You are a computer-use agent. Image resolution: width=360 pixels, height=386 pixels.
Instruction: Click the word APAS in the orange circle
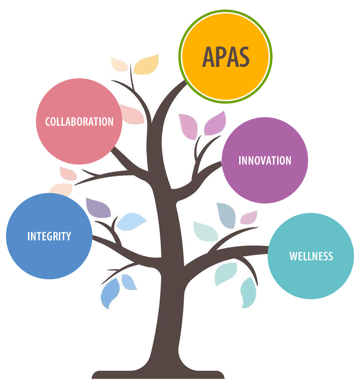click(226, 57)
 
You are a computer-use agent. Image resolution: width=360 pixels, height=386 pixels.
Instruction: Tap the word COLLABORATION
click(79, 121)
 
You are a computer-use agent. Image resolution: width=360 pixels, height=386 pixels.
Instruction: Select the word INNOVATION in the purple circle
click(265, 161)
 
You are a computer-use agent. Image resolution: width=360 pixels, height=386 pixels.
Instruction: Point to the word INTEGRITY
click(49, 236)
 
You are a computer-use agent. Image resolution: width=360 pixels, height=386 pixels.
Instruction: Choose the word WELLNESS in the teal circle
click(311, 256)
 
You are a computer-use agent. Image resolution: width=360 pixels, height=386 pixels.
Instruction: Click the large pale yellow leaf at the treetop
click(147, 64)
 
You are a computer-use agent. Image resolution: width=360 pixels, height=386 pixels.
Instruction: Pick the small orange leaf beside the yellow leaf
click(119, 64)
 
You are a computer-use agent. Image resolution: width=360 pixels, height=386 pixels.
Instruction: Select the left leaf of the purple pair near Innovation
click(188, 126)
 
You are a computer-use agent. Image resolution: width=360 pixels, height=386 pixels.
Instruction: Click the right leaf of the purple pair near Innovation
click(215, 124)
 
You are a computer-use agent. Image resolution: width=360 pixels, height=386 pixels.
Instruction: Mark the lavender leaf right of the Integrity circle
click(98, 207)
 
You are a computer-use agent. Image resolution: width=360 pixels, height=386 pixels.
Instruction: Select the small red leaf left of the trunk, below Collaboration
click(68, 173)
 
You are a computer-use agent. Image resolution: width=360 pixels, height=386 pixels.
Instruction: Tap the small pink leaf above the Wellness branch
click(249, 217)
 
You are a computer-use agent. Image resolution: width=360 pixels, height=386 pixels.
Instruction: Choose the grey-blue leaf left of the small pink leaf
click(226, 214)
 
